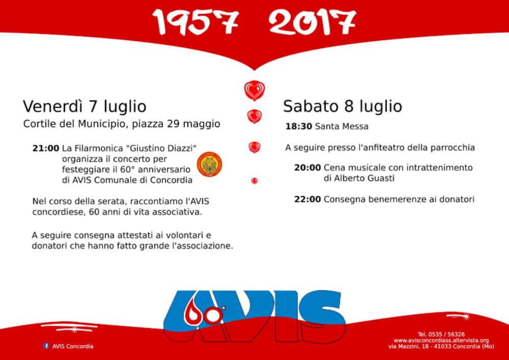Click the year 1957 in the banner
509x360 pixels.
point(196,22)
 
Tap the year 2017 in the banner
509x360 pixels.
point(313,22)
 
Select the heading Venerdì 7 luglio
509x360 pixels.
point(84,106)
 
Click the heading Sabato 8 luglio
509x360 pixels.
point(343,106)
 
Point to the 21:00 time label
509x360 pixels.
point(46,149)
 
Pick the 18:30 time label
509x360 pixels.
point(299,126)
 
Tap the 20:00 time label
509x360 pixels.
point(307,168)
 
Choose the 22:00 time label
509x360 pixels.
point(307,199)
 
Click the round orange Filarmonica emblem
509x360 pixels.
point(210,164)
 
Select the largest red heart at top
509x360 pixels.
point(254,90)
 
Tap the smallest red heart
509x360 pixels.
point(254,181)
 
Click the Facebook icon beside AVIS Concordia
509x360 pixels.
point(46,346)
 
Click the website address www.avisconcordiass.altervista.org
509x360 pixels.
point(441,340)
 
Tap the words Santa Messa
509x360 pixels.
point(342,126)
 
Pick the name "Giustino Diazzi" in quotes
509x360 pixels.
point(163,149)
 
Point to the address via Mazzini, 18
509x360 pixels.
point(408,346)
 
